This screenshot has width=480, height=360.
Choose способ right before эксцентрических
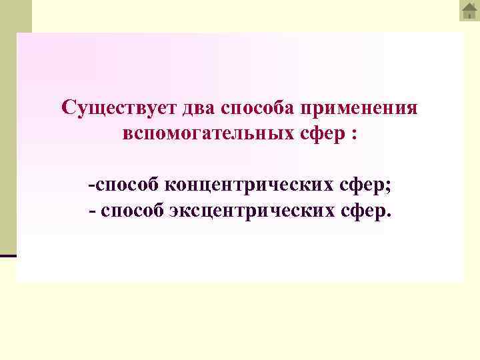tap(132, 211)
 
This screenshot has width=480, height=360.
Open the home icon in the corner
tap(469, 11)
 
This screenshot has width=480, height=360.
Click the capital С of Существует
tap(67, 107)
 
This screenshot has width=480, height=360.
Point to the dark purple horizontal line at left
tap(8, 255)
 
